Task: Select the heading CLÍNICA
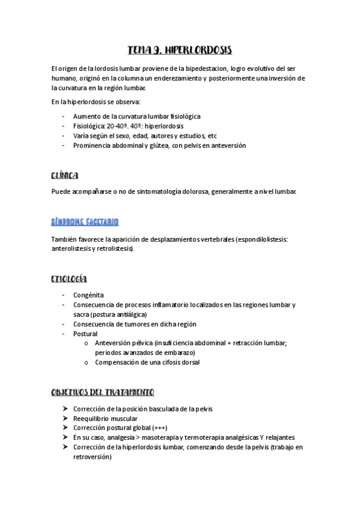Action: coord(65,175)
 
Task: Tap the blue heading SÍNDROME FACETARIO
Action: coord(85,222)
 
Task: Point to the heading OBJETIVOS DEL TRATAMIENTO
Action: coord(103,392)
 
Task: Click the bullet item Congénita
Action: coord(88,295)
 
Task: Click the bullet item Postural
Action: coord(85,333)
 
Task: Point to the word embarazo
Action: coord(178,352)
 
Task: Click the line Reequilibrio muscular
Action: coord(105,419)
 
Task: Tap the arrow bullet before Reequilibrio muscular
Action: coord(65,419)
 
